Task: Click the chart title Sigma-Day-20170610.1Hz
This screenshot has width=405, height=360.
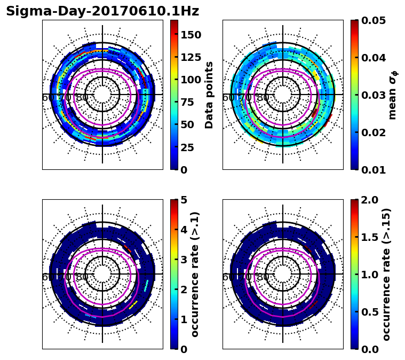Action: [102, 11]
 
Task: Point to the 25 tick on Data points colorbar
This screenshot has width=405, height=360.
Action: [187, 147]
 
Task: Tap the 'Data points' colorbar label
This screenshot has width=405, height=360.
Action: [209, 95]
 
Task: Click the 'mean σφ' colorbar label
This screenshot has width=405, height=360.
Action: [392, 95]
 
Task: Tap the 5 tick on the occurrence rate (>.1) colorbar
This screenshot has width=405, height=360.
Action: [184, 200]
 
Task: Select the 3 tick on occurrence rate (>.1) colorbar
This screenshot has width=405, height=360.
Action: [184, 260]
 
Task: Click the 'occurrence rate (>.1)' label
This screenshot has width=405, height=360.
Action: [195, 275]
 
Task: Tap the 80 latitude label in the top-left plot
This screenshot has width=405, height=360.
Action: [82, 98]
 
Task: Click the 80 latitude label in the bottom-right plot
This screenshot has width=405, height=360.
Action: [263, 277]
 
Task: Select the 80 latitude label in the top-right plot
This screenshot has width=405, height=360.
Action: [263, 98]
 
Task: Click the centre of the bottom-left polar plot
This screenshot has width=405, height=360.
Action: [102, 275]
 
